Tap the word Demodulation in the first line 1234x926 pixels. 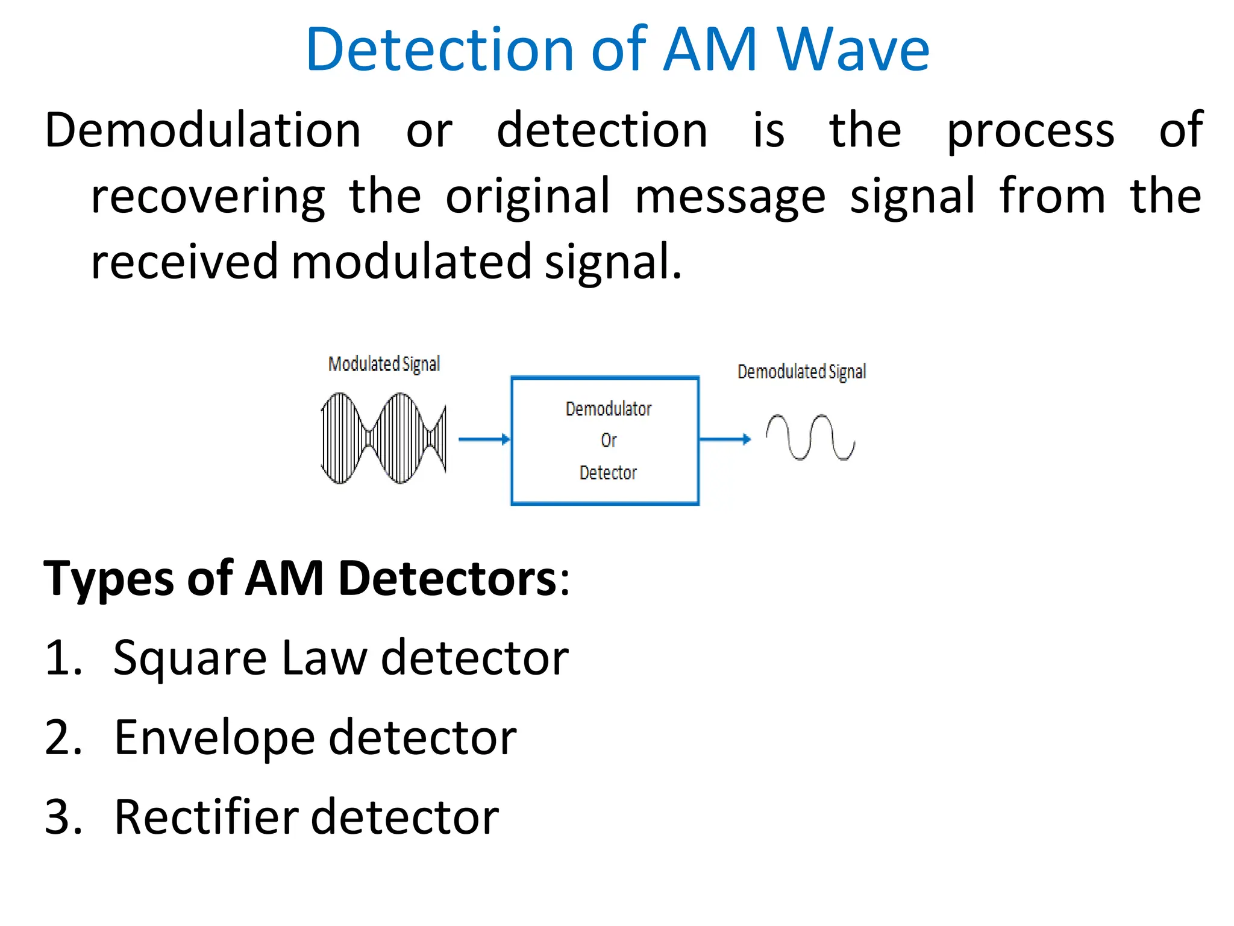coord(203,131)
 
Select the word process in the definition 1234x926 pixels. coord(1030,132)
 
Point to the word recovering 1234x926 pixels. coord(208,197)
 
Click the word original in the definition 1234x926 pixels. coord(528,197)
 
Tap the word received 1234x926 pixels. coord(184,262)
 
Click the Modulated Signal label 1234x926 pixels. coord(384,364)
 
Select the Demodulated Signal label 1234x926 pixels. coord(801,371)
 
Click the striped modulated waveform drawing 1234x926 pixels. coord(384,438)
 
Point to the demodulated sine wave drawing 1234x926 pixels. coord(810,438)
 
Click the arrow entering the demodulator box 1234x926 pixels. coord(484,439)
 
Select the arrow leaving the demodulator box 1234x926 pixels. coord(725,439)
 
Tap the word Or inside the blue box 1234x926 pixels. coord(609,440)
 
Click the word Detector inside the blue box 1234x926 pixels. coord(608,473)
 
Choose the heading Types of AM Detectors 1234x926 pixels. coord(306,579)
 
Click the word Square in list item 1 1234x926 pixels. coord(190,658)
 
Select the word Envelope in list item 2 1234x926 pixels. coord(214,738)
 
